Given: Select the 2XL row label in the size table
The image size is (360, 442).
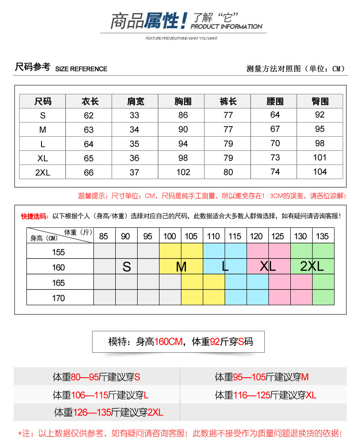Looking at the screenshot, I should pos(43,172).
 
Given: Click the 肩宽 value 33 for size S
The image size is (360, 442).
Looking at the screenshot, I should pos(134,115).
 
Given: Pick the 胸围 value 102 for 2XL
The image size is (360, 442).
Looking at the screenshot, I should pos(183,172).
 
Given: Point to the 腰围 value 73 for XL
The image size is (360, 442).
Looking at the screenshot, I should pos(275,158).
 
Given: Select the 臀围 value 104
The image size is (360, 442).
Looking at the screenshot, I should pos(320,172).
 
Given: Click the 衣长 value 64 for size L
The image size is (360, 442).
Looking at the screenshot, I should pos(89,144).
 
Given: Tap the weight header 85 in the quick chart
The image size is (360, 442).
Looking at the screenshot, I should pos(104,236).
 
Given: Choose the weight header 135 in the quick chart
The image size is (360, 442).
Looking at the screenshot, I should pos(322,236).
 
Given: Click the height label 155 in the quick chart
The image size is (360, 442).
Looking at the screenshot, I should pos(58,252).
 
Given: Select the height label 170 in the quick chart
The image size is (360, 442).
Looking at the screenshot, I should pos(58,298).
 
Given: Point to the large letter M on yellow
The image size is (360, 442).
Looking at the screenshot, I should pos(181,267).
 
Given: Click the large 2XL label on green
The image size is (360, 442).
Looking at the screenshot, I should pos(312,267).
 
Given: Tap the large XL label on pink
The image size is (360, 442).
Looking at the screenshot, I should pos(268,267).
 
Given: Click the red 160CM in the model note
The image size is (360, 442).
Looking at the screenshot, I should pos(169,342).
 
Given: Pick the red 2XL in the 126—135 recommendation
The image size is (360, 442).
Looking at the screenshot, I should pos(155,412).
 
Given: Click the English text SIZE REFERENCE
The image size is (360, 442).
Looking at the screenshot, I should pos(81,69).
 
